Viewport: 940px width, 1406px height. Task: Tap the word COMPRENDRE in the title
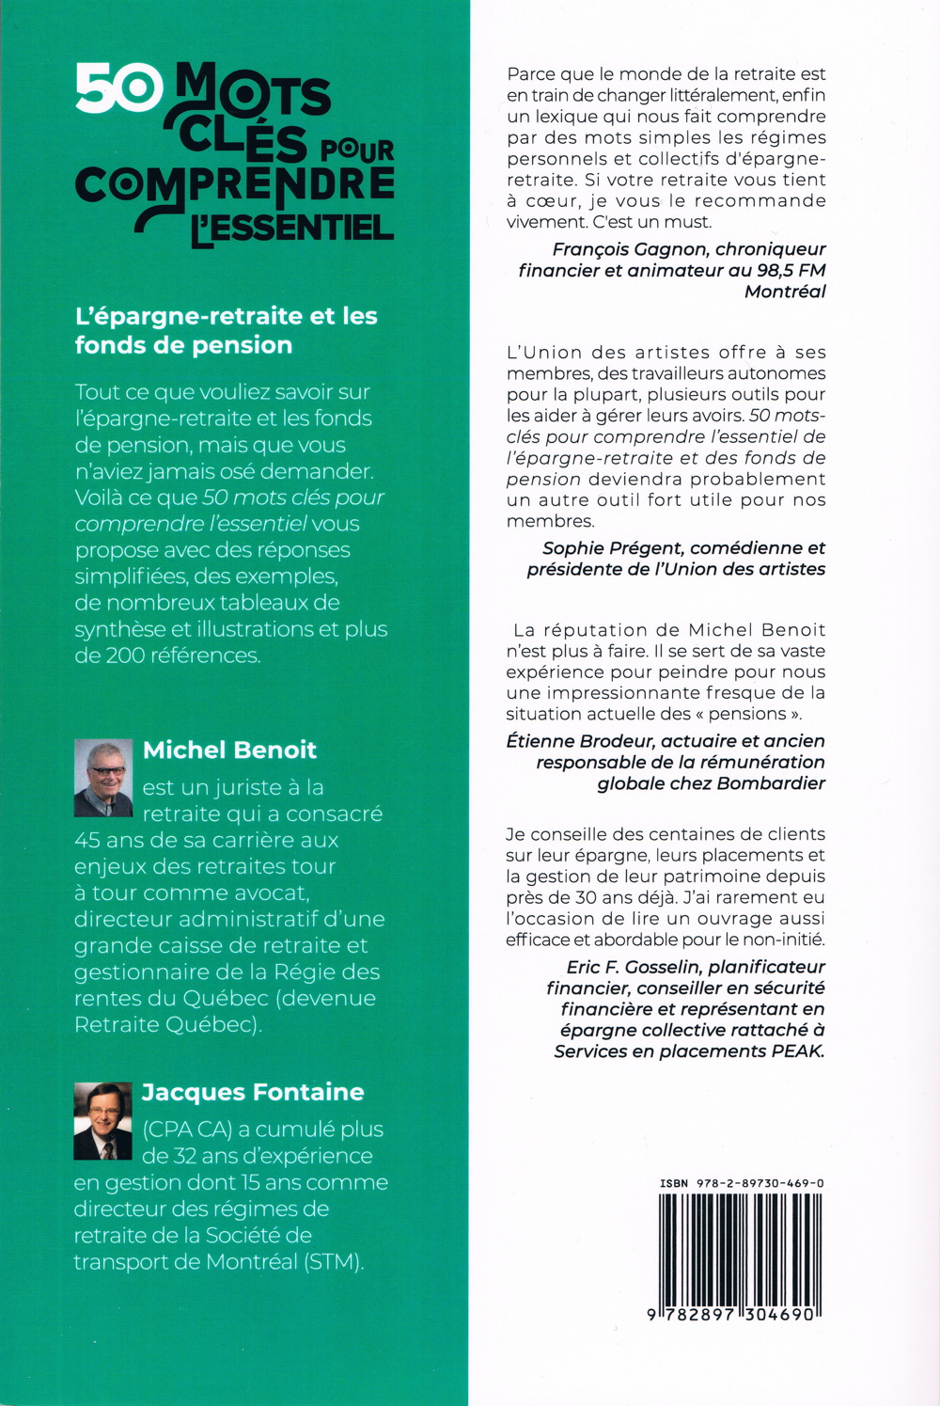point(235,183)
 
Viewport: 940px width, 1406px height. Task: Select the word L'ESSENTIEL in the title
point(292,229)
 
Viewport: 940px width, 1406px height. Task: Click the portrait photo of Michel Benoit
point(103,778)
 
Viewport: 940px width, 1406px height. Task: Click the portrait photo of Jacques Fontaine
point(102,1120)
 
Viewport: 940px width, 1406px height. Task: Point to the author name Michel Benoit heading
point(229,750)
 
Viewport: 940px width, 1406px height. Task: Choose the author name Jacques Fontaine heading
point(253,1092)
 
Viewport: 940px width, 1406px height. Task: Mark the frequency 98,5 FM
point(790,271)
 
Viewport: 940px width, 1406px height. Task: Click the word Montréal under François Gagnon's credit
point(785,292)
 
